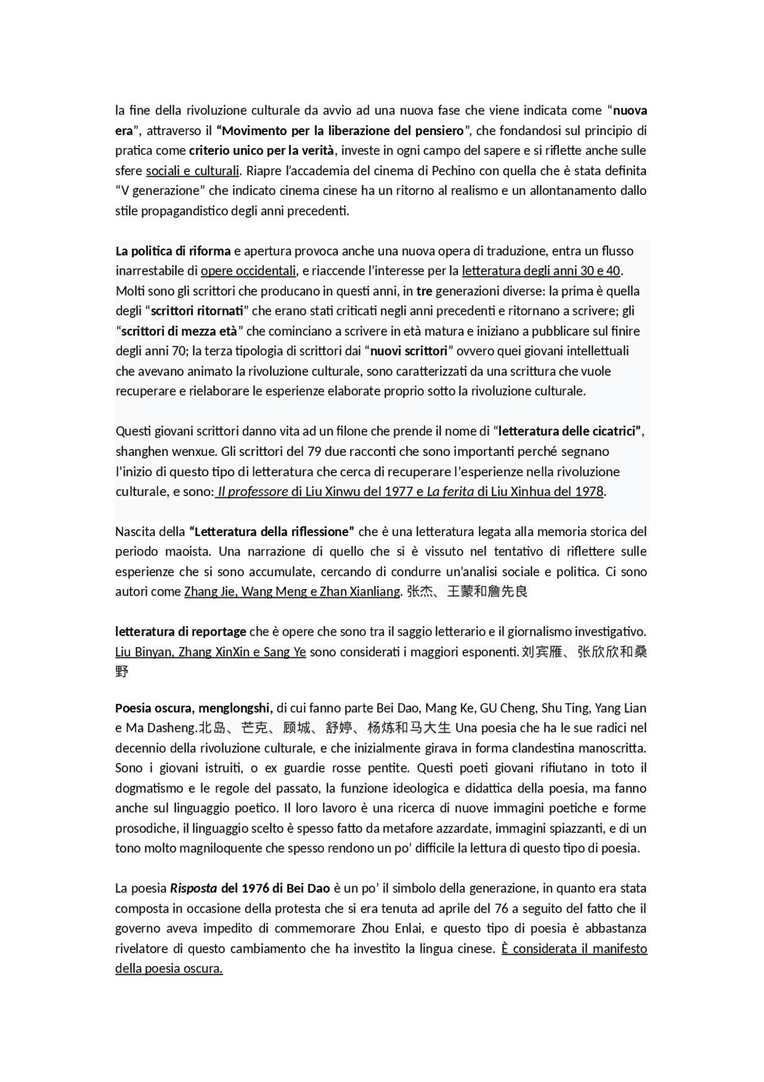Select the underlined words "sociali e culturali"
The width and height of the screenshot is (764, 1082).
click(192, 171)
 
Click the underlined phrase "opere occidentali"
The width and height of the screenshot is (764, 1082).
click(248, 271)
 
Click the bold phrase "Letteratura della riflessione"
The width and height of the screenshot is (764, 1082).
click(272, 532)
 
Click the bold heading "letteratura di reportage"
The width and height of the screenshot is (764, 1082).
click(180, 632)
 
